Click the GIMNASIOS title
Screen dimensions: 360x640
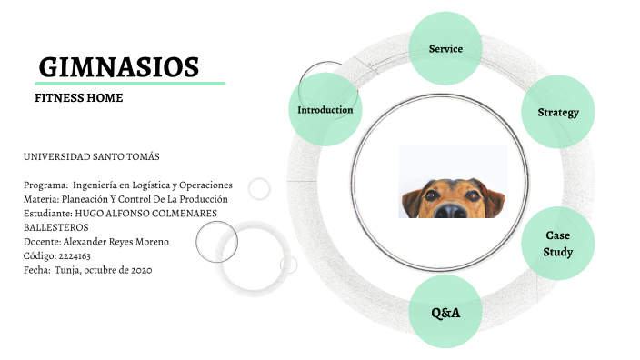tap(119, 66)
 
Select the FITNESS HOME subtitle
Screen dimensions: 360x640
tap(78, 97)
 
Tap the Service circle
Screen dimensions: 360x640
tap(445, 48)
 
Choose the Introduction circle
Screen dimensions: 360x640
tap(325, 110)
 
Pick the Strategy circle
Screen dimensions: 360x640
tap(558, 113)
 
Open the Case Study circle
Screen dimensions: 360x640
tap(557, 244)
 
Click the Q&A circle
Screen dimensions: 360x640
tap(445, 313)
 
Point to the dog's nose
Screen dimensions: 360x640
tap(452, 208)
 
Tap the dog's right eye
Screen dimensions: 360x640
tap(472, 193)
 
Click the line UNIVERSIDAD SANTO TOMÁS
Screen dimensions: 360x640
tap(91, 157)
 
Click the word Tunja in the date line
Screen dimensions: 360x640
tap(66, 269)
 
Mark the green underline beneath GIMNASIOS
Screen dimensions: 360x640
tap(127, 84)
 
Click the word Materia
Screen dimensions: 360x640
tap(42, 199)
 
